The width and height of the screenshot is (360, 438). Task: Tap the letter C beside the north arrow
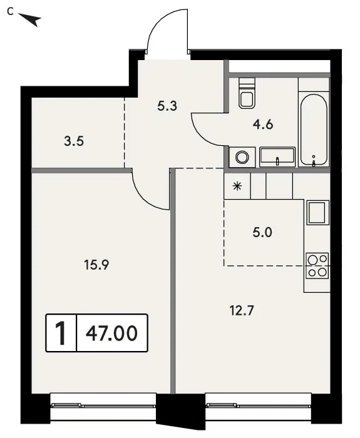point(11,12)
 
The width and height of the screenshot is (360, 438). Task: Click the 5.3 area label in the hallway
point(167,106)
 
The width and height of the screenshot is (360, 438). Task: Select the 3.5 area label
point(74,141)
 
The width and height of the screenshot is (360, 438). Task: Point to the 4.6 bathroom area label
point(263,125)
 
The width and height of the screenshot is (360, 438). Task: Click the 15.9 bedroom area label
point(96,265)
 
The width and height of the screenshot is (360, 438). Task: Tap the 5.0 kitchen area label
point(262,232)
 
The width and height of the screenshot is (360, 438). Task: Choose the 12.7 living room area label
point(242,310)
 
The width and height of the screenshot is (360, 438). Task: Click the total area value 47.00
point(112,334)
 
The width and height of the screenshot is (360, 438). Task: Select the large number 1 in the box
point(61,333)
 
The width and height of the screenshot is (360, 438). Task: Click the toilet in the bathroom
point(247,93)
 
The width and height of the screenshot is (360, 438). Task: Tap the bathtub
point(314,130)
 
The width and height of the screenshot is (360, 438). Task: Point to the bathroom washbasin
point(277,156)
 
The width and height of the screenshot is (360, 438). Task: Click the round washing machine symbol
point(242,157)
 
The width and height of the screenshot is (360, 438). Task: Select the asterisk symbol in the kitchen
point(237,186)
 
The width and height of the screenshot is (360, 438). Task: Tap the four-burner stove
point(317,266)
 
